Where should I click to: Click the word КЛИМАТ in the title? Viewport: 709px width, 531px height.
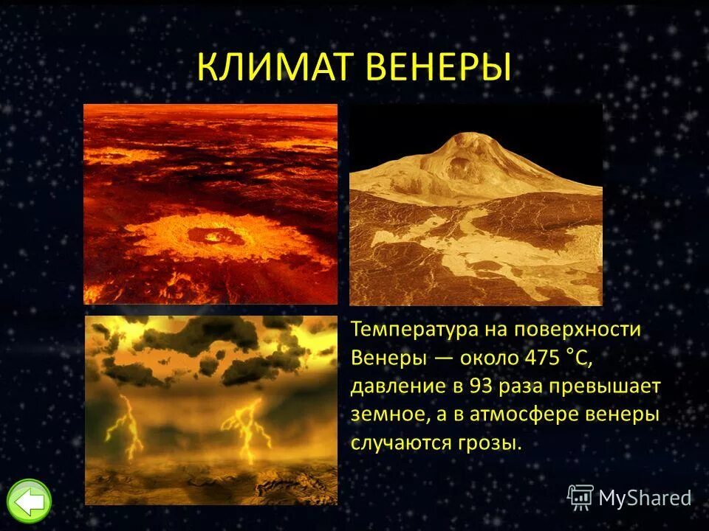(276, 69)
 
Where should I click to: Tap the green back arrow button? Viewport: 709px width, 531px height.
(30, 502)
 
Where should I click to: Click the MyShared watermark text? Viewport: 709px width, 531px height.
(645, 499)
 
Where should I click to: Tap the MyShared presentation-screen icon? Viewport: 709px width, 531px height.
(580, 498)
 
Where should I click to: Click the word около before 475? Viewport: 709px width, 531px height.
(491, 358)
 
